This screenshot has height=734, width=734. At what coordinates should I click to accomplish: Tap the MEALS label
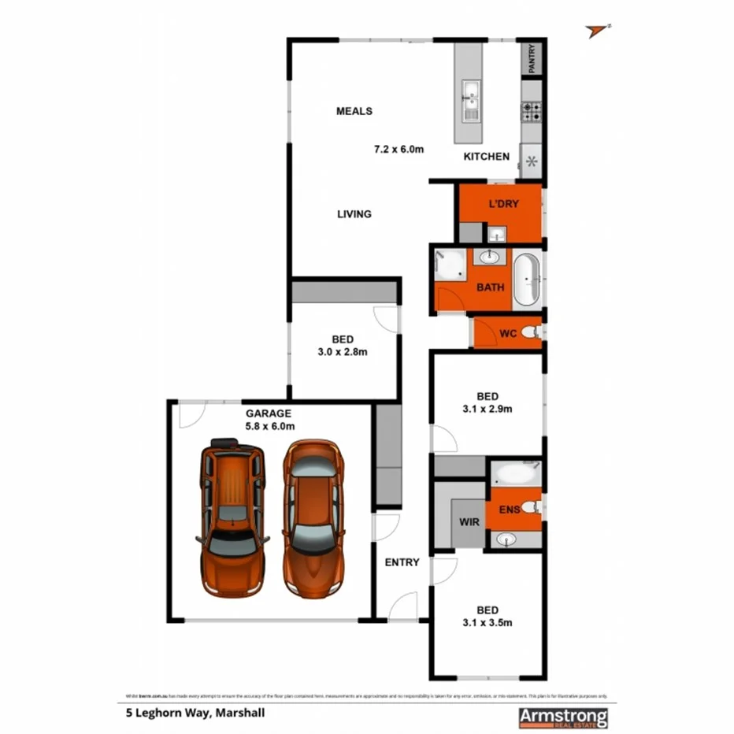tap(354, 111)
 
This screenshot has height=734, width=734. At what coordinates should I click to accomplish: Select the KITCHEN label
tap(486, 157)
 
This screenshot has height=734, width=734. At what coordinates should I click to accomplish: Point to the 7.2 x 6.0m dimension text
tap(399, 148)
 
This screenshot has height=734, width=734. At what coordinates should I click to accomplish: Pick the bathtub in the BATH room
tap(526, 280)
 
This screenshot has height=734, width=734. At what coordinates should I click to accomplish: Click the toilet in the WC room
tap(532, 333)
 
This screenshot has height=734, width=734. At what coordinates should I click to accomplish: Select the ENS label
tap(509, 510)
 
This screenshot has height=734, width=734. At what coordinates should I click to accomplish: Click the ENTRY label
tap(402, 562)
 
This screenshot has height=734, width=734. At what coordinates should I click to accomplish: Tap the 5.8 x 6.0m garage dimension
tap(269, 427)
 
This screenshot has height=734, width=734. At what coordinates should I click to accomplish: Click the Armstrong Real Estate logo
tap(562, 717)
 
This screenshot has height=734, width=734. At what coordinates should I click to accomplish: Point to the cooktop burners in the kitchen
tap(531, 112)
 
